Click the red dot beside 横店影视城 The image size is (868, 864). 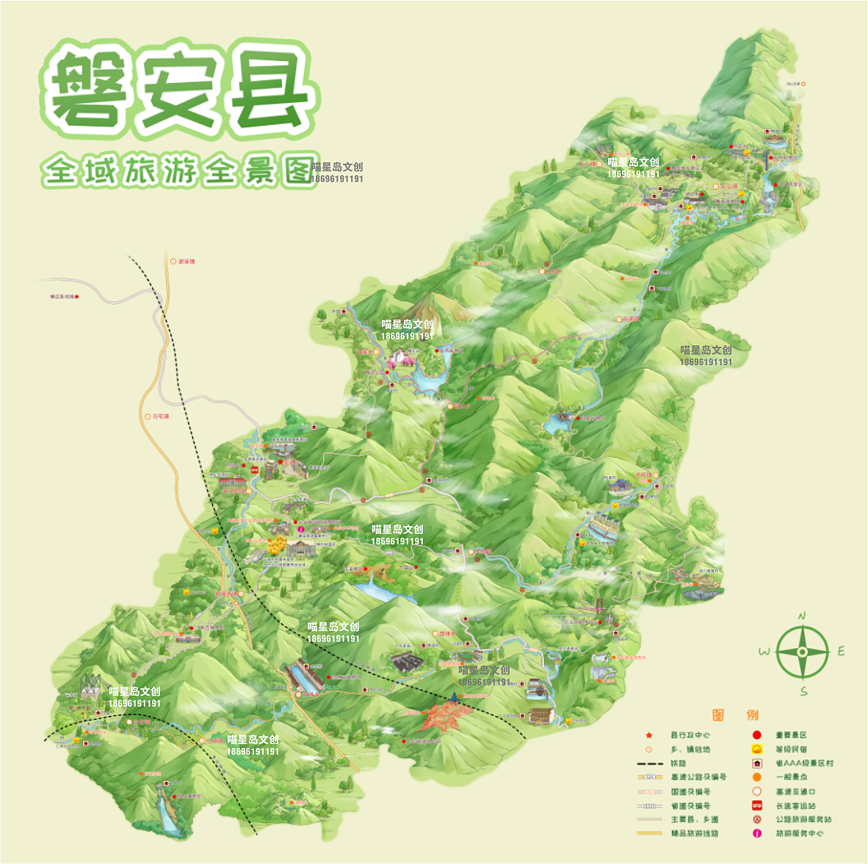(x=77, y=297)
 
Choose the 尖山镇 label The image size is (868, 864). (x=630, y=320)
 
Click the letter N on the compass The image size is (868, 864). (x=802, y=616)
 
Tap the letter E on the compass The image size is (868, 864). (x=841, y=651)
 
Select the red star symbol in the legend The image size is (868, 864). (x=649, y=735)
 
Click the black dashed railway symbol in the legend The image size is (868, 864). (x=650, y=763)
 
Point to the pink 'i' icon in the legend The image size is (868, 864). (x=757, y=833)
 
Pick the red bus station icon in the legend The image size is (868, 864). (x=757, y=805)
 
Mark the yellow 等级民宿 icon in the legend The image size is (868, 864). (x=757, y=749)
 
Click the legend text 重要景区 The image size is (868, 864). (x=791, y=735)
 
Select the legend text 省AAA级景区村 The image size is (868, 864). (x=804, y=763)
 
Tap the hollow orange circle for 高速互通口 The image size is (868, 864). (x=757, y=791)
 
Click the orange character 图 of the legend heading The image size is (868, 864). (x=718, y=715)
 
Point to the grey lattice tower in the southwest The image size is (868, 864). (x=92, y=685)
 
